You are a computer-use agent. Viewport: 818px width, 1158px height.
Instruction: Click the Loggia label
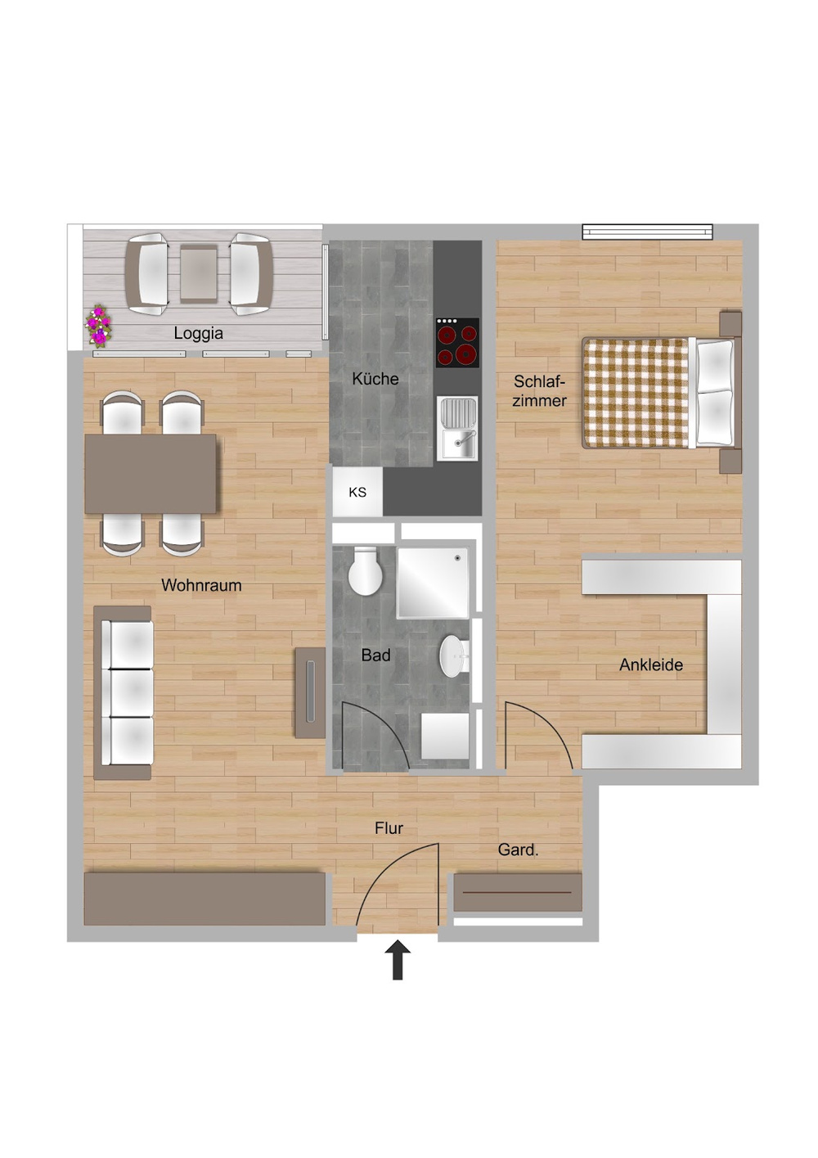199,333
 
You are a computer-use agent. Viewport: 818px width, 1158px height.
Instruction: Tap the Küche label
375,378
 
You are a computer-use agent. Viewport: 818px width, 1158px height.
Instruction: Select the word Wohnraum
201,585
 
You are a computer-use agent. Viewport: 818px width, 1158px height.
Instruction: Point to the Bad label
375,655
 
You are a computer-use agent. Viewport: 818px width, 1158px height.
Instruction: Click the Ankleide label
651,665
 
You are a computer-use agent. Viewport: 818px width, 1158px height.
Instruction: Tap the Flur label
389,828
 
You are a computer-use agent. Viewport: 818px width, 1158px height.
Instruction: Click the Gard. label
518,849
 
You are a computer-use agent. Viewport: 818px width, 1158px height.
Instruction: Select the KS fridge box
357,492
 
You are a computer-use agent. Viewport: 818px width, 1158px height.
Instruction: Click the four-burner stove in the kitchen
457,342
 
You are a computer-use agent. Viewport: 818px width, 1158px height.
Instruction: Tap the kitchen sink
457,428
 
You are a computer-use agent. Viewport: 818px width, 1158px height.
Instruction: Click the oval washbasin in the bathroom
454,656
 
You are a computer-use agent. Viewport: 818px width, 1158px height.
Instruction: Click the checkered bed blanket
636,392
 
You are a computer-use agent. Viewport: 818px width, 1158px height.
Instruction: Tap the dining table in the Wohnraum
151,474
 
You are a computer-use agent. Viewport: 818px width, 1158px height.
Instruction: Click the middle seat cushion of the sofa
132,692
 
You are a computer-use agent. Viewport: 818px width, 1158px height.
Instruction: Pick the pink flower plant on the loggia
97,325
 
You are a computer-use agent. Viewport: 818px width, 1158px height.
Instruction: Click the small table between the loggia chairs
199,273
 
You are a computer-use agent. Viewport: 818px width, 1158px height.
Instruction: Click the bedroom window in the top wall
647,232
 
